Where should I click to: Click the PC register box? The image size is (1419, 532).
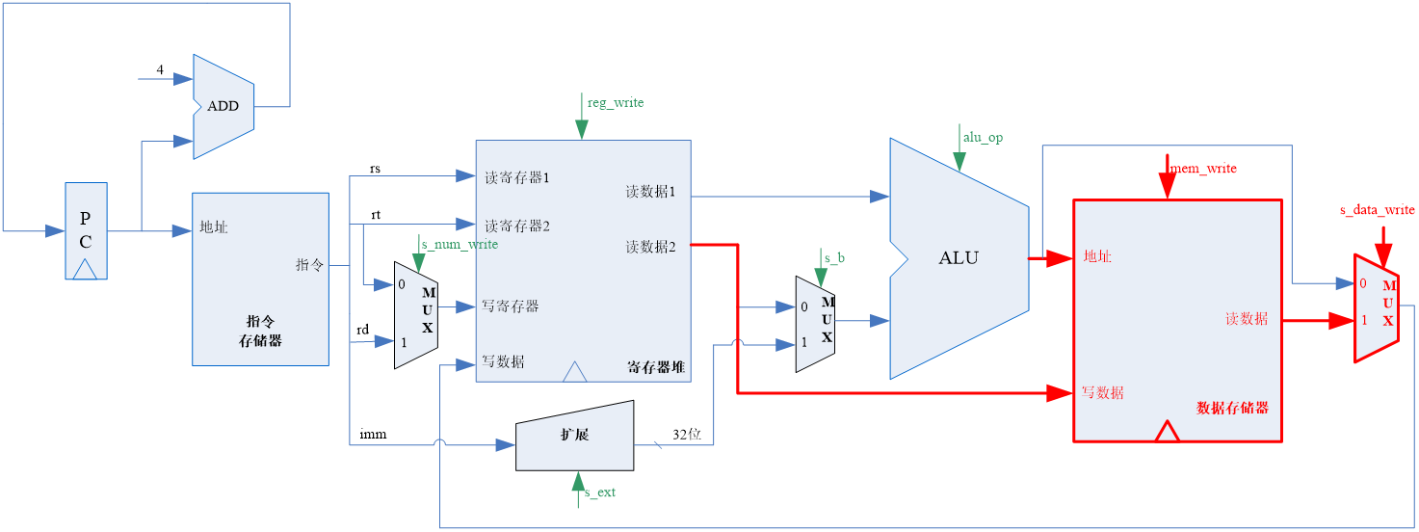point(86,230)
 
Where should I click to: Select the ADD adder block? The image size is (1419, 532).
point(223,107)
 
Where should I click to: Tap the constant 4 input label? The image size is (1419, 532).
point(160,69)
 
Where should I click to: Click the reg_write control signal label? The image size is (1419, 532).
point(616,103)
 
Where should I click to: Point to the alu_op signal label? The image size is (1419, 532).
point(984,138)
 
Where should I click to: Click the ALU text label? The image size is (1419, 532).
point(959,257)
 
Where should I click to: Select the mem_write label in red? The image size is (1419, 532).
point(1203,168)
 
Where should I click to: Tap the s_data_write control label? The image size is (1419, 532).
point(1378,210)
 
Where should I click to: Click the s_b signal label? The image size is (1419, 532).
point(834,258)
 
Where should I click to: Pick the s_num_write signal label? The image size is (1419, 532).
point(460,244)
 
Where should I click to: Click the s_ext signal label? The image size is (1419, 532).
point(600,492)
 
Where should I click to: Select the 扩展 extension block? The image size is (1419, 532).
point(574,436)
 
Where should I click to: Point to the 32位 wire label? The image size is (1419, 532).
point(687,435)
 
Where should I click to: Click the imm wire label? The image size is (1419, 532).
point(373,435)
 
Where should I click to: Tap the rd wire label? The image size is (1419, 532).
point(362,330)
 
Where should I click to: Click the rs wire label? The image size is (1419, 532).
point(375,169)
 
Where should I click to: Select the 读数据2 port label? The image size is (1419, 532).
point(650,247)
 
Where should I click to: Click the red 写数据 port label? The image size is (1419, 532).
point(1102,392)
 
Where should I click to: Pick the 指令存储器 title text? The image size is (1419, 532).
point(260,331)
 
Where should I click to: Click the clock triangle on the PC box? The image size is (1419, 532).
point(85,270)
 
